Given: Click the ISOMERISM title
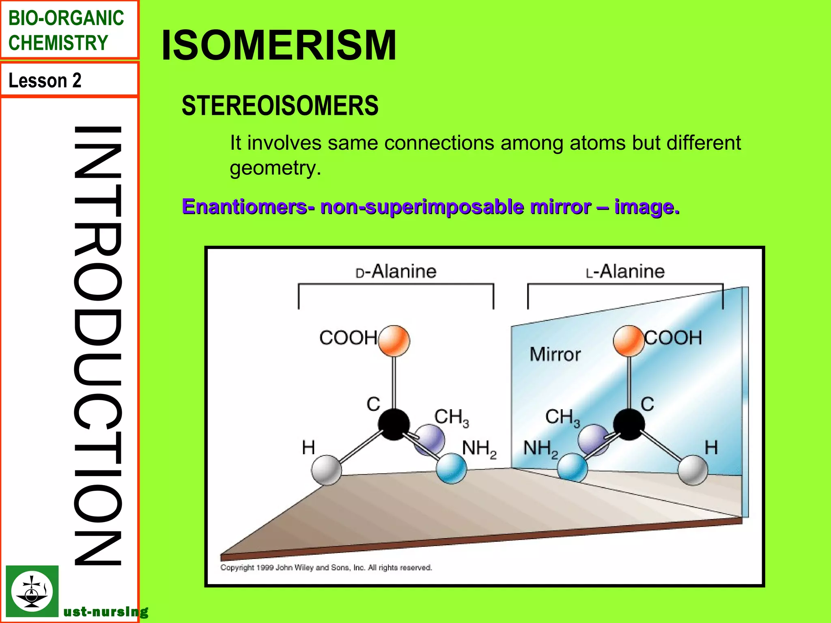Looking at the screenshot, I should coord(279,45).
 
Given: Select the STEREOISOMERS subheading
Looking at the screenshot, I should coord(280,106).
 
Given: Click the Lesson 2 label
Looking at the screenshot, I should coord(45,80).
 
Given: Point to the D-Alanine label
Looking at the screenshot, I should coord(396,271).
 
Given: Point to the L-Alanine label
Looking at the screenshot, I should coord(625,271).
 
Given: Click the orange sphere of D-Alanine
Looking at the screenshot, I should coord(394,341).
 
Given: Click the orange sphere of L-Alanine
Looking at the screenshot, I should coord(629,341).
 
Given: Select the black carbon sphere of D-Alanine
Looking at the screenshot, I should coord(394,424).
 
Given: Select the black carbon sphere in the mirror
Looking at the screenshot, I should coord(629,424).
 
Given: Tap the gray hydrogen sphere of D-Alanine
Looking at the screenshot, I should coord(327,470).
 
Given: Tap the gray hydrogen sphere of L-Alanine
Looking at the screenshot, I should coord(693,470).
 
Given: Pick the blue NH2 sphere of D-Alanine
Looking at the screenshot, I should coord(451,468).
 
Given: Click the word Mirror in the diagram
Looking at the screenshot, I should coord(555,354).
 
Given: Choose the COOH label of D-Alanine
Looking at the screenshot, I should coord(348,338).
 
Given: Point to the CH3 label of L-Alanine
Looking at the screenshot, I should coord(562,417).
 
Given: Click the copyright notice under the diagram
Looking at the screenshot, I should coord(326,567).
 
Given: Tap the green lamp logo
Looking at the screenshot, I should coord(32,591).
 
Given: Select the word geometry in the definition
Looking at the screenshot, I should coord(275,168).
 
